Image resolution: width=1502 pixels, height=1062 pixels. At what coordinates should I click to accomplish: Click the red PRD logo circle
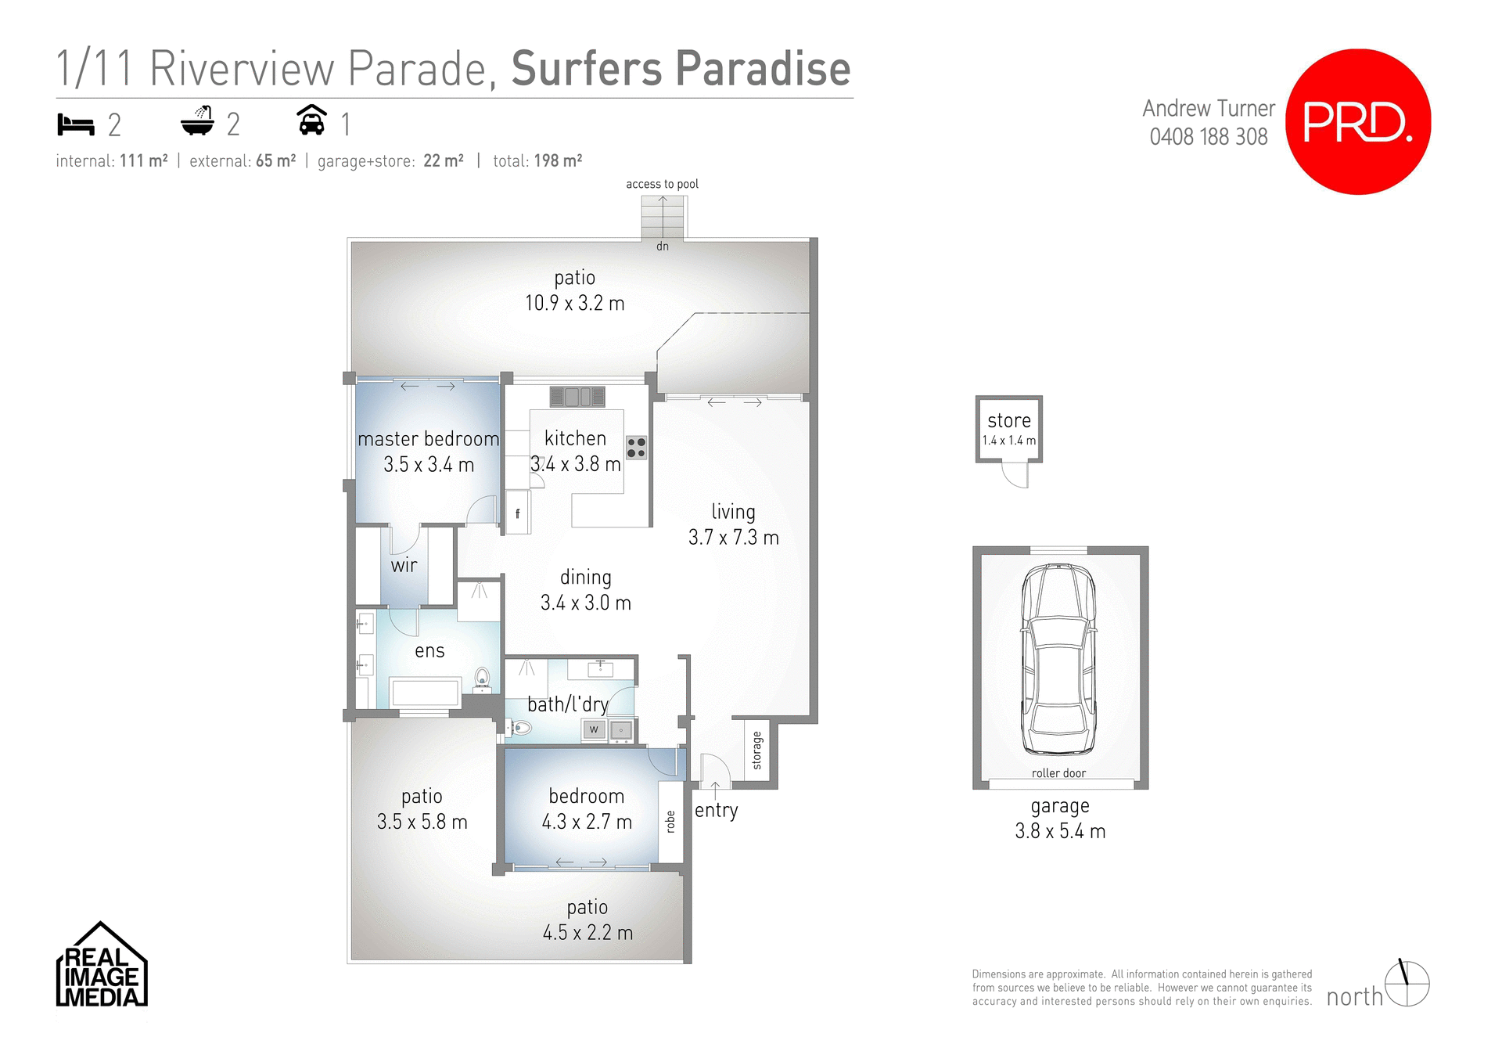click(x=1358, y=121)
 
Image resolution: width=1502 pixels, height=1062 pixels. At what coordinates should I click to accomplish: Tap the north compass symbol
click(x=1407, y=984)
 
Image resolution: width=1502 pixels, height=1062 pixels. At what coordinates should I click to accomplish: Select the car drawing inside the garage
click(x=1058, y=659)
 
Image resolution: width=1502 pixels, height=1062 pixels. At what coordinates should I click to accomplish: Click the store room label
click(x=1009, y=421)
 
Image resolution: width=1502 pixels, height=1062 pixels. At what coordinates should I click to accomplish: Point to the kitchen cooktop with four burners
click(x=636, y=448)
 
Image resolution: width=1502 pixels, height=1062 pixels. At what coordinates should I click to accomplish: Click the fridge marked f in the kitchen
click(x=517, y=513)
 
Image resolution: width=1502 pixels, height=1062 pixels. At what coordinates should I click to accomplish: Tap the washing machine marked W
click(x=594, y=729)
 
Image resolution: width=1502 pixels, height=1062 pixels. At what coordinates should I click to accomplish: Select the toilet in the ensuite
click(x=483, y=679)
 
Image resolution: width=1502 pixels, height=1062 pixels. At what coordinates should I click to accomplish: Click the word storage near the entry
click(x=756, y=750)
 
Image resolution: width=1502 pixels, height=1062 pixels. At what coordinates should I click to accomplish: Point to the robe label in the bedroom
click(x=670, y=821)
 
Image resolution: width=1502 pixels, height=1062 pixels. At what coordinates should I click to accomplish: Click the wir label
click(x=404, y=565)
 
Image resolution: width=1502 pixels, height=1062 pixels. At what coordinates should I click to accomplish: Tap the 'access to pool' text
click(x=662, y=184)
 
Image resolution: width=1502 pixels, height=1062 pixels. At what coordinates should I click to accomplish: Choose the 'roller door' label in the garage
click(x=1058, y=773)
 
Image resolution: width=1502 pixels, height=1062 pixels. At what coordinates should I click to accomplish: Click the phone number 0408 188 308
click(x=1208, y=137)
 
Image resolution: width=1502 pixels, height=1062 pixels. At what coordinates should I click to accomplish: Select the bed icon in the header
click(x=76, y=124)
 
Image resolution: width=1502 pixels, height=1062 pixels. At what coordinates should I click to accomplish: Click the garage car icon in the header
click(x=311, y=121)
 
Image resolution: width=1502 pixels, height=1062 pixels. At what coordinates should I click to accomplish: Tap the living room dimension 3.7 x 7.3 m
click(x=733, y=538)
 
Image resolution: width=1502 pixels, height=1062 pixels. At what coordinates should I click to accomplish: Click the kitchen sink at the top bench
click(x=577, y=397)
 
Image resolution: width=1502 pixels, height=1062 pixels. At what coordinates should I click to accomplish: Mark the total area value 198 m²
click(x=558, y=161)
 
